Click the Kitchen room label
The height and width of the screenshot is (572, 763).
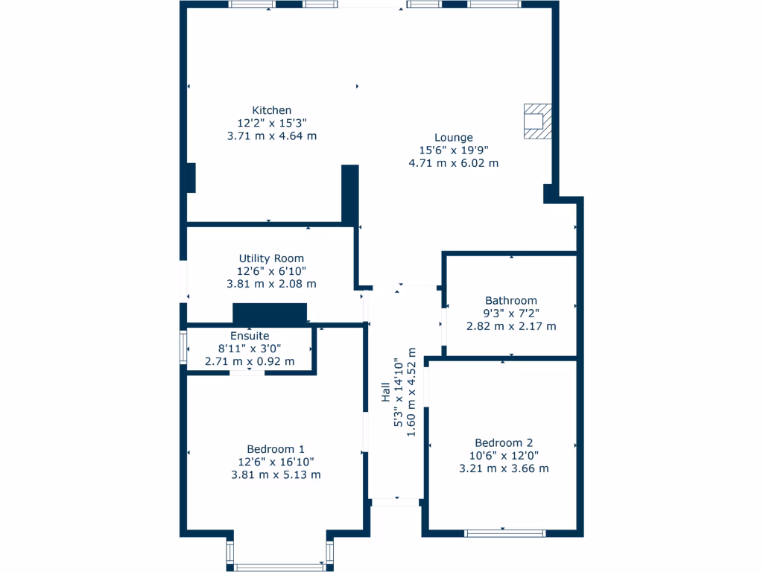pos(271,110)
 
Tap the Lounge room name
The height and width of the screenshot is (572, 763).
pos(454,137)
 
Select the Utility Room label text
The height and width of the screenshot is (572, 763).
pos(271,258)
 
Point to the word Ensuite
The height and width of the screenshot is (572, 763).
pos(250,336)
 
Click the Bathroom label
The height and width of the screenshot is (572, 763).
pos(510,301)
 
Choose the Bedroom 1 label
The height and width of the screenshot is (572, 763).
pos(276,449)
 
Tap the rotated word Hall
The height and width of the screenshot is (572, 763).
pos(386,393)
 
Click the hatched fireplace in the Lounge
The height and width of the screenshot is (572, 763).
pos(536,121)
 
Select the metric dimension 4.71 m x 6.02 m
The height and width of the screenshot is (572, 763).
pos(454,162)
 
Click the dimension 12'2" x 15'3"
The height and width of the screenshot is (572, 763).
pos(271,123)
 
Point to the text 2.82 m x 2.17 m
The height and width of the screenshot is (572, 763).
pos(510,326)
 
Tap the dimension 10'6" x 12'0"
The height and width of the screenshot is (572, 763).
pos(504,455)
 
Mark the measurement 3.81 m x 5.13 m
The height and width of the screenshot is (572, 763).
pos(276,474)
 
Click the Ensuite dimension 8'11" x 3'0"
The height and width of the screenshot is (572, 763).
pos(250,349)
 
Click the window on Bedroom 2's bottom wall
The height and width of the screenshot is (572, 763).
pos(504,533)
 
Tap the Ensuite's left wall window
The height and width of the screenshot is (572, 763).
pos(183,347)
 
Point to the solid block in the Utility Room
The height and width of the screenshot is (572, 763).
pos(270,314)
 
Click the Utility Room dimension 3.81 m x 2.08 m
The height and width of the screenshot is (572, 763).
pos(271,284)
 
